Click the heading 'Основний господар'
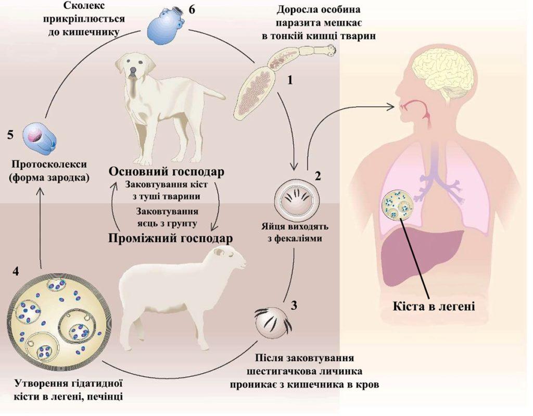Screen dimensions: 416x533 click(167, 172)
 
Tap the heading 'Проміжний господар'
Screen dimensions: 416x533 click(170, 237)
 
